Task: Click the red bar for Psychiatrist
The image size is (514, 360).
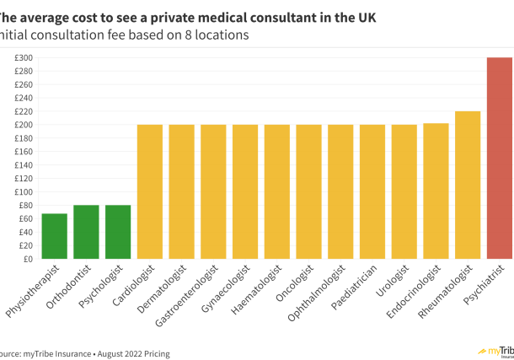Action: click(x=500, y=159)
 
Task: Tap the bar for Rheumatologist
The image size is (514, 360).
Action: click(x=468, y=185)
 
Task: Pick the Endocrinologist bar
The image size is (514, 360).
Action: click(x=436, y=191)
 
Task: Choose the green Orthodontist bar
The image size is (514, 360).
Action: click(x=86, y=232)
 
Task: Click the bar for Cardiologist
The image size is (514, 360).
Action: click(x=150, y=192)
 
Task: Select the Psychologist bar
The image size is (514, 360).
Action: click(x=118, y=232)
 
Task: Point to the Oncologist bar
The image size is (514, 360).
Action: click(x=308, y=192)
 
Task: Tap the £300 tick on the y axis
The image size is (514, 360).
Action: click(x=23, y=58)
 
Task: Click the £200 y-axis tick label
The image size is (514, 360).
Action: click(x=23, y=125)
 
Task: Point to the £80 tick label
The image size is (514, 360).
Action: click(x=24, y=206)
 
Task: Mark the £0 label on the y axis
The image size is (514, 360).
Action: click(x=28, y=259)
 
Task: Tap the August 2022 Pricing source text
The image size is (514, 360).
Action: click(x=135, y=354)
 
